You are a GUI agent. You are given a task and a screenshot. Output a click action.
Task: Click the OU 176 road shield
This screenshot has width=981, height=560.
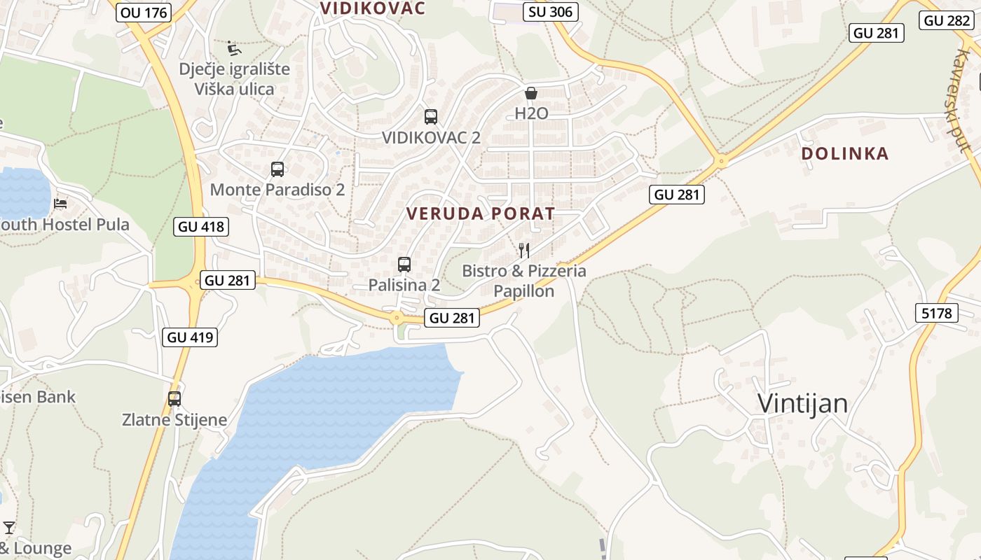(144, 12)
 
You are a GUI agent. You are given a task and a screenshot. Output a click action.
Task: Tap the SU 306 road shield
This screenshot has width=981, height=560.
(551, 11)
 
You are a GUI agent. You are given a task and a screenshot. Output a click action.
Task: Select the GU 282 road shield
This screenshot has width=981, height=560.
(947, 20)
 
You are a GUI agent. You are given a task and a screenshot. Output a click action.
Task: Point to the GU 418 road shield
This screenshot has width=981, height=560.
(201, 226)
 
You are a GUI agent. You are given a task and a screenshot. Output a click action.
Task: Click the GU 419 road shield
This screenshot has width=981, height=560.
(191, 337)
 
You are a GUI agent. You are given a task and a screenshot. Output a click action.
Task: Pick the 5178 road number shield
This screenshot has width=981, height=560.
(937, 313)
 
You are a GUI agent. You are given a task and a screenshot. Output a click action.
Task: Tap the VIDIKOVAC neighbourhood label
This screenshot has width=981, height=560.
(373, 8)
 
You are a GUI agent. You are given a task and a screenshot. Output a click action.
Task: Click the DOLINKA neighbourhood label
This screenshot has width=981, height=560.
(844, 153)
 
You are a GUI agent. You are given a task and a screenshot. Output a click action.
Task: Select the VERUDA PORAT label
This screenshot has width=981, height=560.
(481, 213)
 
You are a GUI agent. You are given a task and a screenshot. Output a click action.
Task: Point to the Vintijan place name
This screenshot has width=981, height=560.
(802, 403)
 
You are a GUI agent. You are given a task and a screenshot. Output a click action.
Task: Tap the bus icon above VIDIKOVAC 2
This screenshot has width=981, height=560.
(431, 117)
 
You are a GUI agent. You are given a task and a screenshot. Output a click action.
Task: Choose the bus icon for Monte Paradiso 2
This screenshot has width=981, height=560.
(277, 169)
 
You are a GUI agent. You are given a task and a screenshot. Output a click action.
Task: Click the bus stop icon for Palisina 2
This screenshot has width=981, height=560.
(404, 264)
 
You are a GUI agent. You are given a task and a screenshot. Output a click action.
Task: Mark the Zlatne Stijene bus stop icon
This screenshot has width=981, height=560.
(174, 399)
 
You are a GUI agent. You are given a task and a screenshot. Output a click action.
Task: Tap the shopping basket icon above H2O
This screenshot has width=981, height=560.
(531, 93)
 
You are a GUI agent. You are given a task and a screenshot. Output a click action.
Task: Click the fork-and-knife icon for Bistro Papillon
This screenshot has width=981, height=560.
(523, 250)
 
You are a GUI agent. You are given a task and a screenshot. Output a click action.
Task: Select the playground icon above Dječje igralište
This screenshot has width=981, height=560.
(234, 48)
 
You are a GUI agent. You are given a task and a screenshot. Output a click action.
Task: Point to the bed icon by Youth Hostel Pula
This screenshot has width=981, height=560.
(61, 204)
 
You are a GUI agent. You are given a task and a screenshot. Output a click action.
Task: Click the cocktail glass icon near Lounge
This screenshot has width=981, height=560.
(9, 527)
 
